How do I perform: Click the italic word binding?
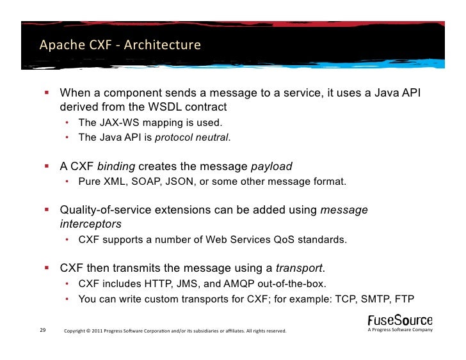(116, 167)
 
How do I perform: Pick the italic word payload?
(271, 167)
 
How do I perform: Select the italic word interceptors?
(90, 224)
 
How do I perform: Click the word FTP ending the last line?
(421, 298)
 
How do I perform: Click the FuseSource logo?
(399, 321)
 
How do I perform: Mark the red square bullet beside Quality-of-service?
(47, 210)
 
